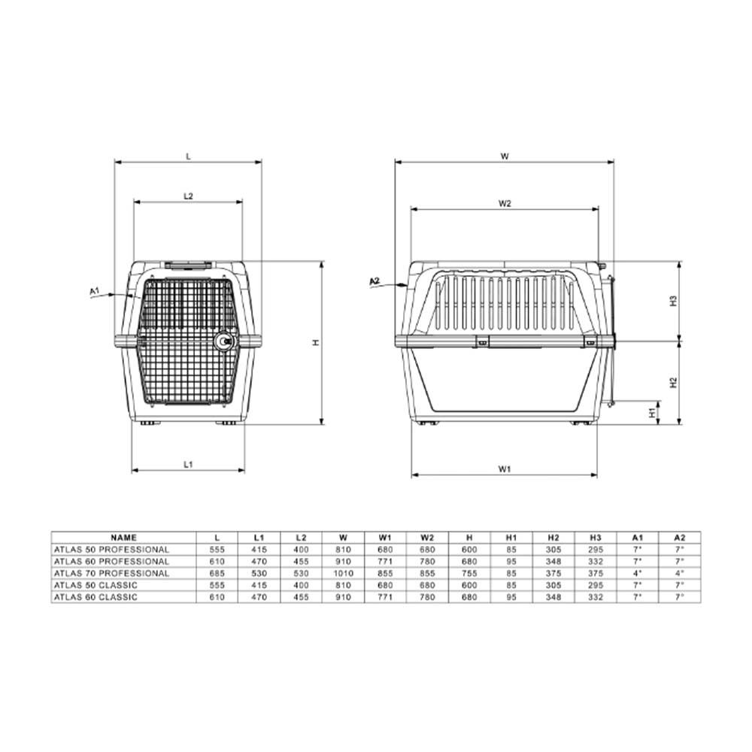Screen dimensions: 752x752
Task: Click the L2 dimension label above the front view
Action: pos(189,196)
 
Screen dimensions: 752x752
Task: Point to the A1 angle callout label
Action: pos(95,290)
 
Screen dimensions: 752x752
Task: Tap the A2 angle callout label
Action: pos(374,281)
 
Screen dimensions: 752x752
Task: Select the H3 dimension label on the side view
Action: pos(674,302)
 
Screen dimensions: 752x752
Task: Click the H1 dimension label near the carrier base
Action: pos(652,413)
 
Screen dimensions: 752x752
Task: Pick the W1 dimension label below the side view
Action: pos(504,469)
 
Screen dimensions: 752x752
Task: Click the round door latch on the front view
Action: pos(223,341)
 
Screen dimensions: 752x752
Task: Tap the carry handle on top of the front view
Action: pos(189,264)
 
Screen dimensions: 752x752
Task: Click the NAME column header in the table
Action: pos(124,538)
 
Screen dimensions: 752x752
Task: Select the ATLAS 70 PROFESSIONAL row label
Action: pos(112,573)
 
